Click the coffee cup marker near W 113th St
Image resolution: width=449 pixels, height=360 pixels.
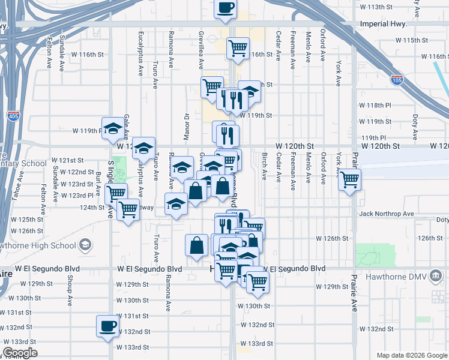tap(226, 8)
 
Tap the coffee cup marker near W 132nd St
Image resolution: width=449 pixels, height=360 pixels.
tap(108, 326)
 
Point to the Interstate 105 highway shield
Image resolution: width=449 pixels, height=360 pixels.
tap(397, 79)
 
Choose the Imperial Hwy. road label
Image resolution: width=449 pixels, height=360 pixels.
tap(383, 25)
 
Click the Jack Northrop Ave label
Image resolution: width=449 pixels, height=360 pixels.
tap(387, 214)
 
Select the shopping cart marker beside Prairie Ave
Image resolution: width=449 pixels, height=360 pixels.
tap(349, 179)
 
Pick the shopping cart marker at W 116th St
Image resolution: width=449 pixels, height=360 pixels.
tap(238, 47)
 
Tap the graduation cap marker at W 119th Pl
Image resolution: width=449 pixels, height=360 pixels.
tap(112, 128)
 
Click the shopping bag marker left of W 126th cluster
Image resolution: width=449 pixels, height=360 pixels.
tap(196, 245)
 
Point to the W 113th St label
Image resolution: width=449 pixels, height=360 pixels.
tap(379, 7)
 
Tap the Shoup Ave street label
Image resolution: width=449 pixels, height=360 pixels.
tap(70, 289)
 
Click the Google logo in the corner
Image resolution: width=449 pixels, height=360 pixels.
tap(20, 353)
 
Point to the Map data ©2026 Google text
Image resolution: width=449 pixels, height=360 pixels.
tap(411, 355)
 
